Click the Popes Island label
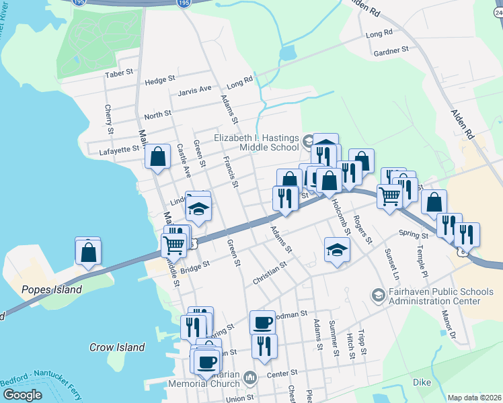coord(51,290)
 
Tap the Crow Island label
coord(117,347)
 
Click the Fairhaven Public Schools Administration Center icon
coord(378,295)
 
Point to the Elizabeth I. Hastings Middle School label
coord(256,142)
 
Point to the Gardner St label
coord(391,50)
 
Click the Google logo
coord(22,395)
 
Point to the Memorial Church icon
coord(249,378)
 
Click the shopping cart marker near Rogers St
coord(389,197)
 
